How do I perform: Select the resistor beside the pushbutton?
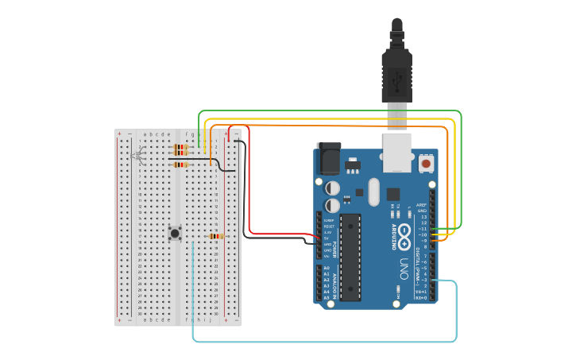click(x=215, y=236)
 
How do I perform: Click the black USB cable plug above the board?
click(x=396, y=72)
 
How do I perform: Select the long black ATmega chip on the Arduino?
click(x=350, y=257)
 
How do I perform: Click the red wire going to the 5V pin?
click(x=249, y=183)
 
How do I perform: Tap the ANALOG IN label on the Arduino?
click(x=335, y=285)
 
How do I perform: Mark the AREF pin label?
click(x=422, y=204)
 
